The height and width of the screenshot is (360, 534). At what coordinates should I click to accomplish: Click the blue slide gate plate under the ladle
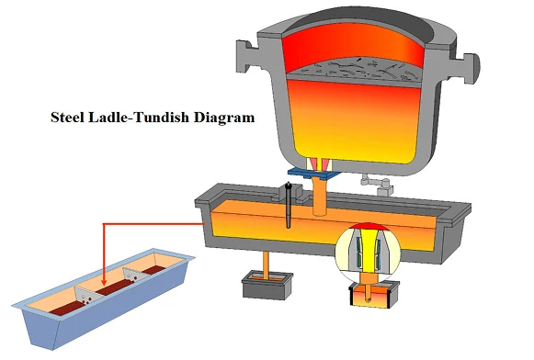click(x=314, y=172)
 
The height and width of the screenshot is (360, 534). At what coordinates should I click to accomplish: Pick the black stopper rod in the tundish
click(x=288, y=207)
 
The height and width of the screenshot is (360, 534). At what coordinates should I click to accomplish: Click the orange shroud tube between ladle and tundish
click(x=319, y=195)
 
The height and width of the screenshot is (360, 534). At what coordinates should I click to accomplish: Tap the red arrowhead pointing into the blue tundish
click(x=105, y=283)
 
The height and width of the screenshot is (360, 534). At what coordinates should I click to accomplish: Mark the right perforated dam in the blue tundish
click(x=138, y=277)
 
